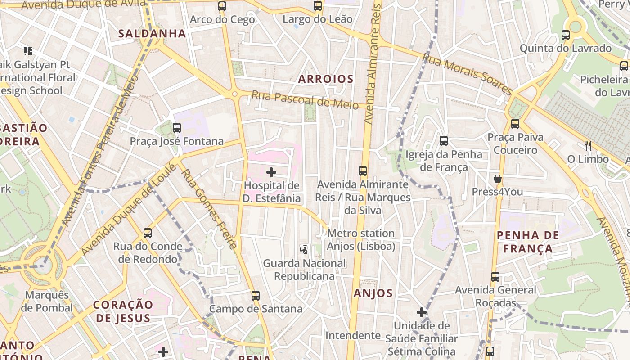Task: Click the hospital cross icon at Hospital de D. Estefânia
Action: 271,172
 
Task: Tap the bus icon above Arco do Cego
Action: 222,6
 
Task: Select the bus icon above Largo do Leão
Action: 318,6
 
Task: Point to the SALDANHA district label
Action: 152,33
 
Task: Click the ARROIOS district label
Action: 326,79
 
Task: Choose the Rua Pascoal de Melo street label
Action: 305,100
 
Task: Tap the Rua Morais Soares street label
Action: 467,74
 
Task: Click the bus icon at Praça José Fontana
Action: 177,128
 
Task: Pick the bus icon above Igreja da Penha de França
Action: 444,141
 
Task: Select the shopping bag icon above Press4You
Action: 498,179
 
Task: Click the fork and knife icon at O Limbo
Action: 588,145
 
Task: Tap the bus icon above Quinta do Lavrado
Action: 566,35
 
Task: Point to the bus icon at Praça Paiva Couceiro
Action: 515,124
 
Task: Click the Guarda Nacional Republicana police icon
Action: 305,249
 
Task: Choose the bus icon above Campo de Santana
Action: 256,296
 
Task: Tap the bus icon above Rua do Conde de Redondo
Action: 148,233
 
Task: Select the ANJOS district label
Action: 373,293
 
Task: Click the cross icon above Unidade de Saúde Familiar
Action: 421,312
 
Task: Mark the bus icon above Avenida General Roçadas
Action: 495,277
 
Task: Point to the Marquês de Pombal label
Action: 47,301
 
